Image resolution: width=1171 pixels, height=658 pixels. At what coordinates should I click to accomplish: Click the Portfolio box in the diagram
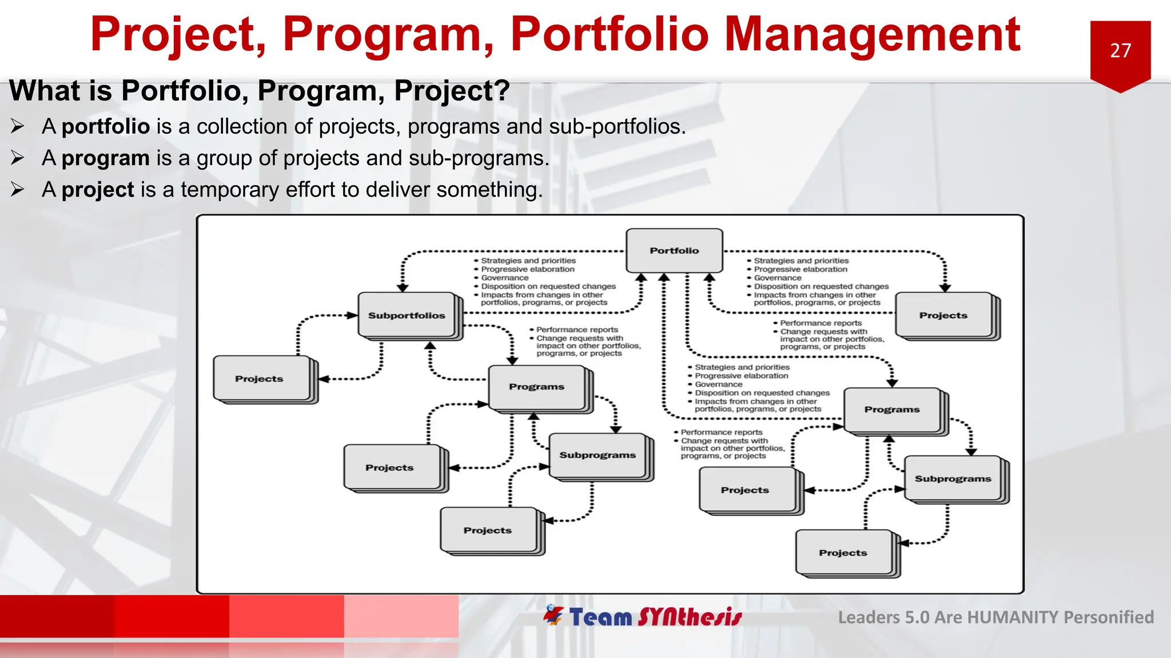pyautogui.click(x=674, y=251)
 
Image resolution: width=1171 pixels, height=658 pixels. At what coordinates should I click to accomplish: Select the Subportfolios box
pyautogui.click(x=407, y=315)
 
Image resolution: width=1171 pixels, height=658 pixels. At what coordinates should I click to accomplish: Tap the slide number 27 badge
pyautogui.click(x=1120, y=51)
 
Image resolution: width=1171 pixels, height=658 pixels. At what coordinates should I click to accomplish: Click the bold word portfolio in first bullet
pyautogui.click(x=106, y=126)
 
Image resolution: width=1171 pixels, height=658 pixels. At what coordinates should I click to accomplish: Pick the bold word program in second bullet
pyautogui.click(x=106, y=158)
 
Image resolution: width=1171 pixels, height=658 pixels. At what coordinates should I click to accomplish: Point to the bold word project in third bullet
pyautogui.click(x=98, y=190)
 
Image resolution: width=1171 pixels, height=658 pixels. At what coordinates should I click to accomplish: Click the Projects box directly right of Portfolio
pyautogui.click(x=943, y=315)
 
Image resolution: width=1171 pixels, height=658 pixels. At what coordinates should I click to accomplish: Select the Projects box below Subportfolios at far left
pyautogui.click(x=259, y=379)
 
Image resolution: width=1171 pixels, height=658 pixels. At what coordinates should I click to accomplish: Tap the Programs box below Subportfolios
pyautogui.click(x=536, y=387)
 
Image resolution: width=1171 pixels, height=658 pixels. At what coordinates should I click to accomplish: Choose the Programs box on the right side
pyautogui.click(x=892, y=410)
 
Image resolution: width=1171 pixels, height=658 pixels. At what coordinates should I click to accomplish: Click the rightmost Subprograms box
pyautogui.click(x=953, y=479)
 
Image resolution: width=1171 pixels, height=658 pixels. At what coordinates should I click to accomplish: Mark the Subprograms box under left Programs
pyautogui.click(x=598, y=455)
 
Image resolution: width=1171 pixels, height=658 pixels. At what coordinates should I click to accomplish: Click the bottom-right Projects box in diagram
pyautogui.click(x=843, y=553)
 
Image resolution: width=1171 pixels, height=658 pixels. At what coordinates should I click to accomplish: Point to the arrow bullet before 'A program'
pyautogui.click(x=18, y=158)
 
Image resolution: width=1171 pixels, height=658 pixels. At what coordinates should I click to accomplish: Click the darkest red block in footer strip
pyautogui.click(x=57, y=616)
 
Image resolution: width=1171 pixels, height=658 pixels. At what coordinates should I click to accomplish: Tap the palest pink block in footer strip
pyautogui.click(x=401, y=616)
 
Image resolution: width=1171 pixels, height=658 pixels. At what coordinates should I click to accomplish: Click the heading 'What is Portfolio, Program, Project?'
pyautogui.click(x=259, y=91)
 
